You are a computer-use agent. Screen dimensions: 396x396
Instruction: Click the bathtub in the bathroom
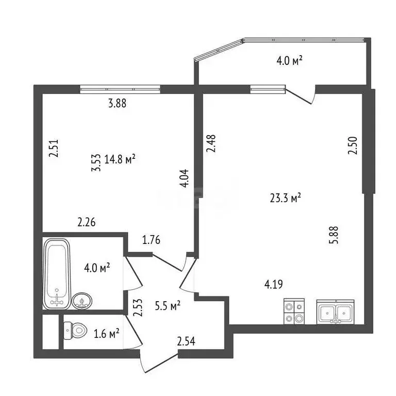(x=57, y=274)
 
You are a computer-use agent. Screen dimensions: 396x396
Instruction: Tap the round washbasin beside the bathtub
(x=82, y=301)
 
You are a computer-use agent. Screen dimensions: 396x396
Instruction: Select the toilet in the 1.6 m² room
(x=75, y=331)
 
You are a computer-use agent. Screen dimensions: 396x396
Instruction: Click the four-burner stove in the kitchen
(x=294, y=311)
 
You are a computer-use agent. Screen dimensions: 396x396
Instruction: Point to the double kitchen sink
(x=336, y=312)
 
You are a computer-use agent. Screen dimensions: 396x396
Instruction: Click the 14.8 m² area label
(x=120, y=159)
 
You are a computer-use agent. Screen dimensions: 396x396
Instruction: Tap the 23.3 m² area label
(x=285, y=198)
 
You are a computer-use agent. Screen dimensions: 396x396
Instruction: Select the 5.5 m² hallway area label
(x=168, y=306)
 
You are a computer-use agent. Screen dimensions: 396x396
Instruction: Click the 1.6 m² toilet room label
(x=107, y=334)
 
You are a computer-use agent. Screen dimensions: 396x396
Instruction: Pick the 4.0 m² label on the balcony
(x=290, y=61)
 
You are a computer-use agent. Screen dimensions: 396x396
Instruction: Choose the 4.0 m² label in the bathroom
(x=97, y=268)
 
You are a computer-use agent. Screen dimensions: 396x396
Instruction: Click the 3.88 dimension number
(x=117, y=103)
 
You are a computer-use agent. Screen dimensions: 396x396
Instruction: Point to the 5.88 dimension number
(x=334, y=235)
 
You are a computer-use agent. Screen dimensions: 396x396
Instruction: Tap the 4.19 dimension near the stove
(x=273, y=285)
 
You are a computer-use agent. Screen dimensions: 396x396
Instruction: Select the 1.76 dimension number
(x=151, y=240)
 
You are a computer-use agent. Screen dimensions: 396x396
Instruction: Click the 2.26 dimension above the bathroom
(x=87, y=223)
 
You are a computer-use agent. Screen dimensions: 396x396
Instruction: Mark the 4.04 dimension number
(x=184, y=178)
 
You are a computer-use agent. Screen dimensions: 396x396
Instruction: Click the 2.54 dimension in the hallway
(x=186, y=341)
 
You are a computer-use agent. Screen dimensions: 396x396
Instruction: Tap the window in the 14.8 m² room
(x=120, y=89)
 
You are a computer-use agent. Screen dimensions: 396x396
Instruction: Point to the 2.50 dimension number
(x=353, y=145)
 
